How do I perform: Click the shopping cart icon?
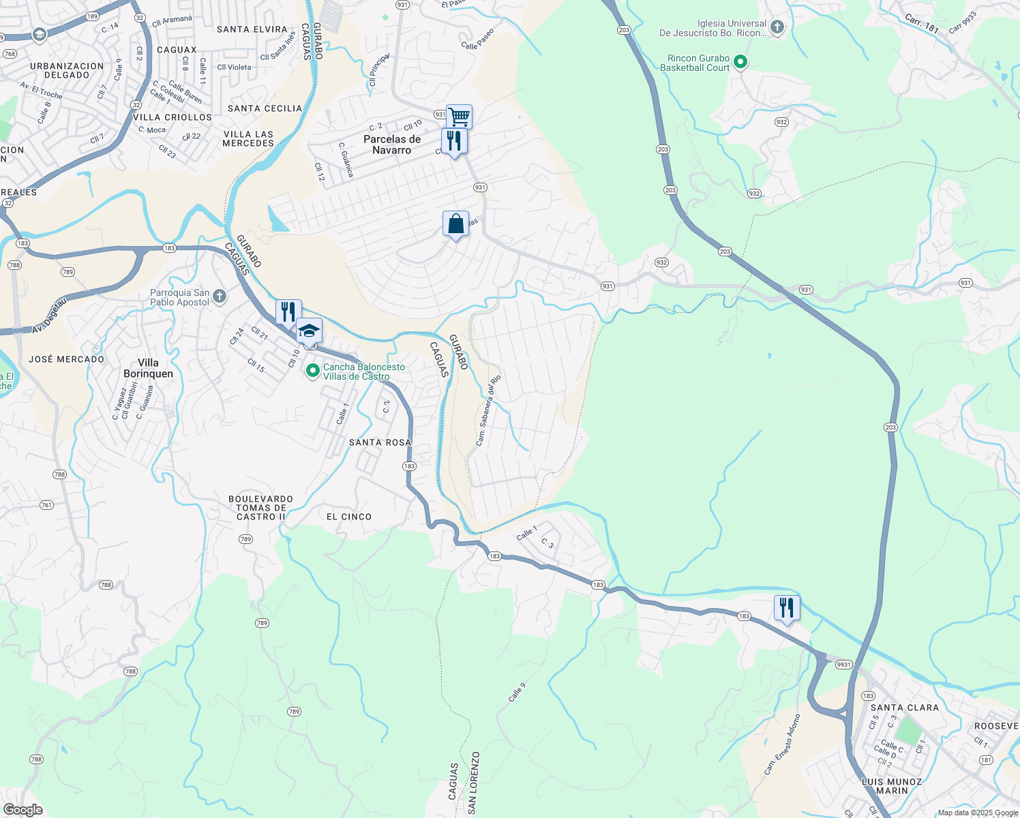click(459, 117)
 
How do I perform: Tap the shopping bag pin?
click(455, 224)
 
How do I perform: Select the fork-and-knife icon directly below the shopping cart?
click(453, 141)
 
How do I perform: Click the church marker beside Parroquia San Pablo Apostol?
click(219, 296)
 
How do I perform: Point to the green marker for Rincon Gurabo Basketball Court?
click(740, 63)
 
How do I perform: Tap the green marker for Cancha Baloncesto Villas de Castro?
click(313, 372)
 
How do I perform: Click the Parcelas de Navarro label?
click(392, 145)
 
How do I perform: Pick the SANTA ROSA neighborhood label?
click(380, 442)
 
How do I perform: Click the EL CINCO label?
click(349, 517)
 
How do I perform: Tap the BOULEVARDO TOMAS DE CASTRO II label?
click(260, 508)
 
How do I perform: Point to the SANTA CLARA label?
click(904, 708)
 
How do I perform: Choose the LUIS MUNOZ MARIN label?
click(892, 786)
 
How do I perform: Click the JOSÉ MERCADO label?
click(67, 359)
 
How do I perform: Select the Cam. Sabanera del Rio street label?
click(488, 410)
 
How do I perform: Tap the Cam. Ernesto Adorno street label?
click(782, 744)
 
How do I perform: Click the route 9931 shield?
click(843, 665)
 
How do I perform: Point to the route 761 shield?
click(46, 505)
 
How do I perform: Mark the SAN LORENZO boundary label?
click(474, 783)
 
